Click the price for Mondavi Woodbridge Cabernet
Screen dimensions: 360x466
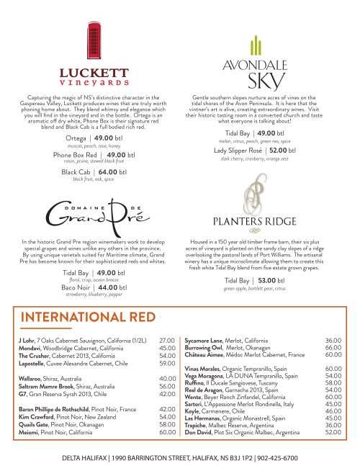167,348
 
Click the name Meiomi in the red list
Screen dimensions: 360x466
28,432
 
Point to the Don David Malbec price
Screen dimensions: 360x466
333,432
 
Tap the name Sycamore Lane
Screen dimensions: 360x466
206,339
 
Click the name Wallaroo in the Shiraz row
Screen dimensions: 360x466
30,378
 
